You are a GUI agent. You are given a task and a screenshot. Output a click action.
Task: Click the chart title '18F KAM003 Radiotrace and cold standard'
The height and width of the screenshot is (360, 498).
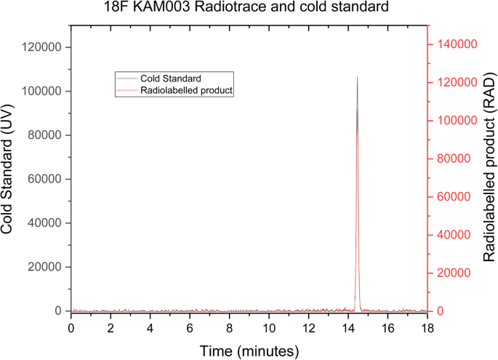point(249,9)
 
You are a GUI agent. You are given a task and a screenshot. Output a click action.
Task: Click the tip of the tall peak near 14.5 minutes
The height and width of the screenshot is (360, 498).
point(357,77)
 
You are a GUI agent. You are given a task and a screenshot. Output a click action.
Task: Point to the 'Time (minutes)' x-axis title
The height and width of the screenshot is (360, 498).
point(249,351)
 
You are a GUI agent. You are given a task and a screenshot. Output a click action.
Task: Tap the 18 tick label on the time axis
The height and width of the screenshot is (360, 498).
point(427,327)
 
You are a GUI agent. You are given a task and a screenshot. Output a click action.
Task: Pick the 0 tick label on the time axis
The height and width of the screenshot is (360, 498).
point(71,327)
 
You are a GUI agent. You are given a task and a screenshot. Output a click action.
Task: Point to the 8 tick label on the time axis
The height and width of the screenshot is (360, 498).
point(229,327)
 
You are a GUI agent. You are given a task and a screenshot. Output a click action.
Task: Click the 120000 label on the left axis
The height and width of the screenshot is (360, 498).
point(41,47)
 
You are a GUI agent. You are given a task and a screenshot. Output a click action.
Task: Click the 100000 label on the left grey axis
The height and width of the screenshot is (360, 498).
point(41,91)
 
